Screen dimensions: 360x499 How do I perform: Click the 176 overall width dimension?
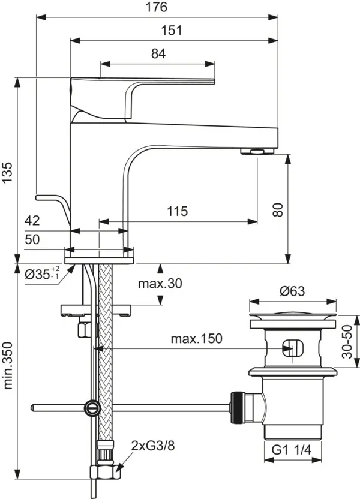coord(156,7)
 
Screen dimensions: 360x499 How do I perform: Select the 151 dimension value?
coord(172,30)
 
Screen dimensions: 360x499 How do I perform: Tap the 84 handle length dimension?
coord(158,53)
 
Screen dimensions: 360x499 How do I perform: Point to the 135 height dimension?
coord(7,173)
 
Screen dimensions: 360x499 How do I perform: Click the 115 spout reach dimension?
coord(178,211)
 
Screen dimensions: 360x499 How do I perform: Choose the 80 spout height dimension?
coord(278,210)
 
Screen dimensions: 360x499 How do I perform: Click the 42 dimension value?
coord(32,220)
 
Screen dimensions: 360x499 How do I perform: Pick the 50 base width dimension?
coord(32,239)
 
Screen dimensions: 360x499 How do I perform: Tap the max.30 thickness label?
coord(160,283)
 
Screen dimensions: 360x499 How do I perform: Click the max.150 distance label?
coord(196,339)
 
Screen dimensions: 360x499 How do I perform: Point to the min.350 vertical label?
coord(8,366)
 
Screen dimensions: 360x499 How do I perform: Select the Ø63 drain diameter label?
coord(292,291)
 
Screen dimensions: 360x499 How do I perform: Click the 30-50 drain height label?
coord(347,342)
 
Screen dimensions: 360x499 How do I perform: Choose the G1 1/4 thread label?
coord(292,450)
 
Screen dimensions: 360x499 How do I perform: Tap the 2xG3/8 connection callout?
coord(153,446)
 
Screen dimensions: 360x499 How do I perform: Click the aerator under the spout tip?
coord(257,151)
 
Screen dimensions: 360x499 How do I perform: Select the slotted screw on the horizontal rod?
coord(92,408)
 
